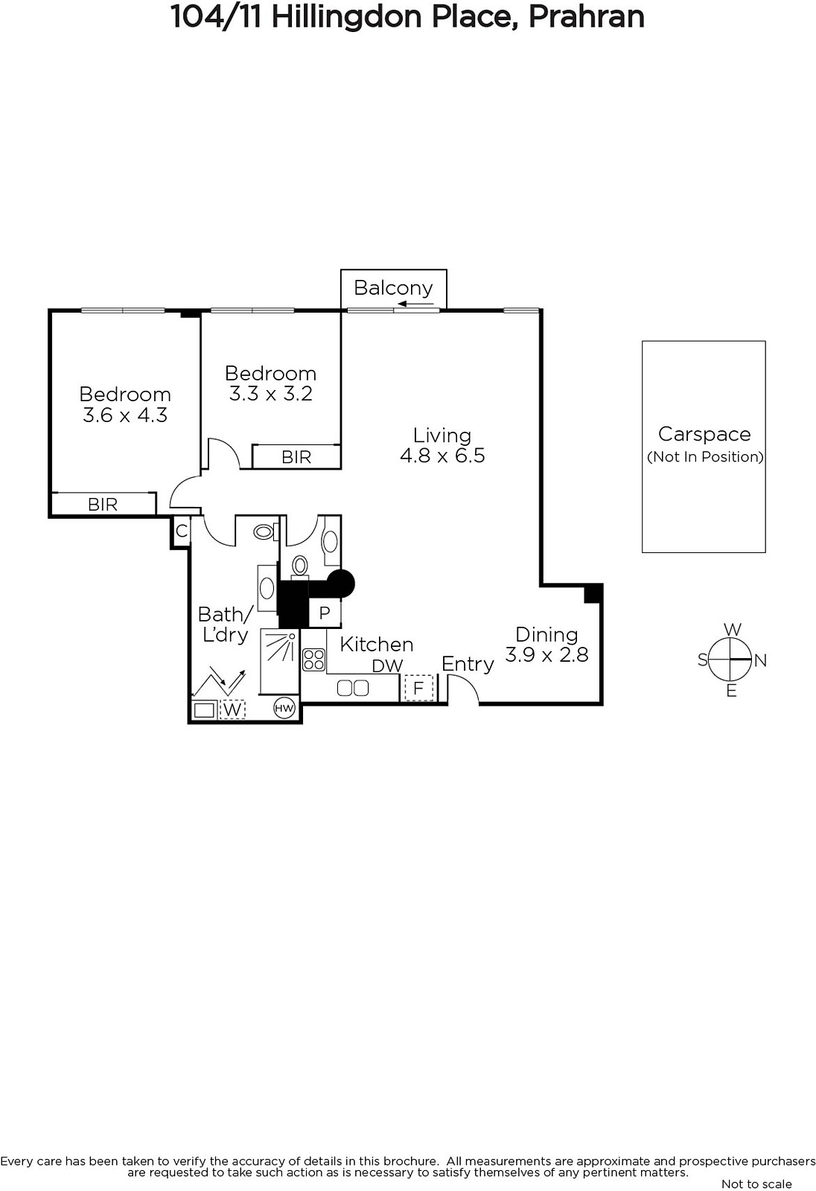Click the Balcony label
pos(393,287)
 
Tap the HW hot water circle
pos(284,708)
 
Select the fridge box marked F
pos(418,688)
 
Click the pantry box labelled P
pos(325,613)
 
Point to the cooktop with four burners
pos(313,660)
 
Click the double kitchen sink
pos(353,688)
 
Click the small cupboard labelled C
pos(182,531)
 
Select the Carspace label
pos(704,434)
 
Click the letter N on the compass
pos(761,660)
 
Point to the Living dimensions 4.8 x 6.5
pos(442,456)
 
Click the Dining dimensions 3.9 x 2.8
pos(546,654)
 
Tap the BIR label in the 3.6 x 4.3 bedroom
pos(103,504)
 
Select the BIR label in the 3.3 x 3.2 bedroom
pos(296,457)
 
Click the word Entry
pos(468,664)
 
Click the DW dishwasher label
pos(388,666)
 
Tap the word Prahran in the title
pos(586,17)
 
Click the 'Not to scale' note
pos(756,1184)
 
